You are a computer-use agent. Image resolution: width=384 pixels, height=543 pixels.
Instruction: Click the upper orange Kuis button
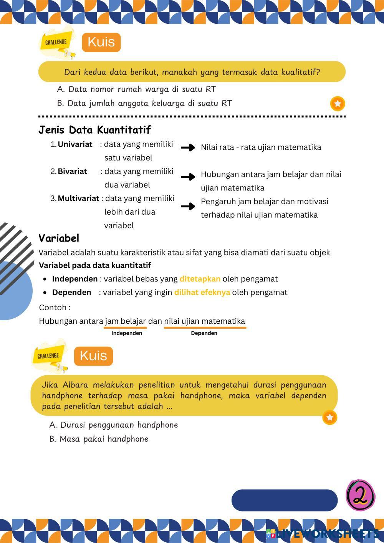click(x=101, y=42)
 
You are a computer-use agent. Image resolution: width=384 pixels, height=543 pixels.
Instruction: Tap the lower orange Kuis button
click(x=93, y=356)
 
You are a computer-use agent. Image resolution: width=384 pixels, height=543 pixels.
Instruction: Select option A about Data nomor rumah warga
click(x=136, y=89)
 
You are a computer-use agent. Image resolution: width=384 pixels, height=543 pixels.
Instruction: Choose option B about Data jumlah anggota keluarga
click(x=144, y=103)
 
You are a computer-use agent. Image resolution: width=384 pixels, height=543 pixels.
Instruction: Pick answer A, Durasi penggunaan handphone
click(x=114, y=425)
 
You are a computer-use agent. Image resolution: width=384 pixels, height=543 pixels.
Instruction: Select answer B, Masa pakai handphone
click(x=99, y=439)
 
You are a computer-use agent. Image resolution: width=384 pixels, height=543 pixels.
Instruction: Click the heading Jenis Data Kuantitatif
click(x=94, y=130)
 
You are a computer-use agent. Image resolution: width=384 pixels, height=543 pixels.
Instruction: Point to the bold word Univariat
click(x=75, y=144)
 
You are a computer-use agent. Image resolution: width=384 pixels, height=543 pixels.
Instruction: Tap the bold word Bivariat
click(x=72, y=171)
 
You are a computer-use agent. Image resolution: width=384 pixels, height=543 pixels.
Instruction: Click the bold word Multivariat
click(x=78, y=199)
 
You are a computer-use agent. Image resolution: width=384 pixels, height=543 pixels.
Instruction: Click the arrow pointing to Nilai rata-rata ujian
click(x=188, y=147)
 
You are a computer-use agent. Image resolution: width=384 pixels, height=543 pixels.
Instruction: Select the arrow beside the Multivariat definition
click(x=188, y=207)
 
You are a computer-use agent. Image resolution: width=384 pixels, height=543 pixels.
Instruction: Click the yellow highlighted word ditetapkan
click(x=200, y=279)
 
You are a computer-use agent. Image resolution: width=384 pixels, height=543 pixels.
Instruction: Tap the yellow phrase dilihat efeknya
click(x=202, y=292)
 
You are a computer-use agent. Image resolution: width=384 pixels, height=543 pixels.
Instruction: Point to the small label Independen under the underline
click(x=127, y=333)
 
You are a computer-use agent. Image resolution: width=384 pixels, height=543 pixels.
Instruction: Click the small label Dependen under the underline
click(x=204, y=333)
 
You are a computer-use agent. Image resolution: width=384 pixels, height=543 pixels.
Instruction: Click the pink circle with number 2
click(x=360, y=495)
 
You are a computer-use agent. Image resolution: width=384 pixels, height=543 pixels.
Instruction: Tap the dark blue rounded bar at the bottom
click(x=284, y=500)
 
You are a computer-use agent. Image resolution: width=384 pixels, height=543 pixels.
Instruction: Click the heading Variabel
click(x=59, y=238)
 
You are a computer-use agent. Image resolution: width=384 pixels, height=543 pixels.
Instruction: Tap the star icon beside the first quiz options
click(x=338, y=104)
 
